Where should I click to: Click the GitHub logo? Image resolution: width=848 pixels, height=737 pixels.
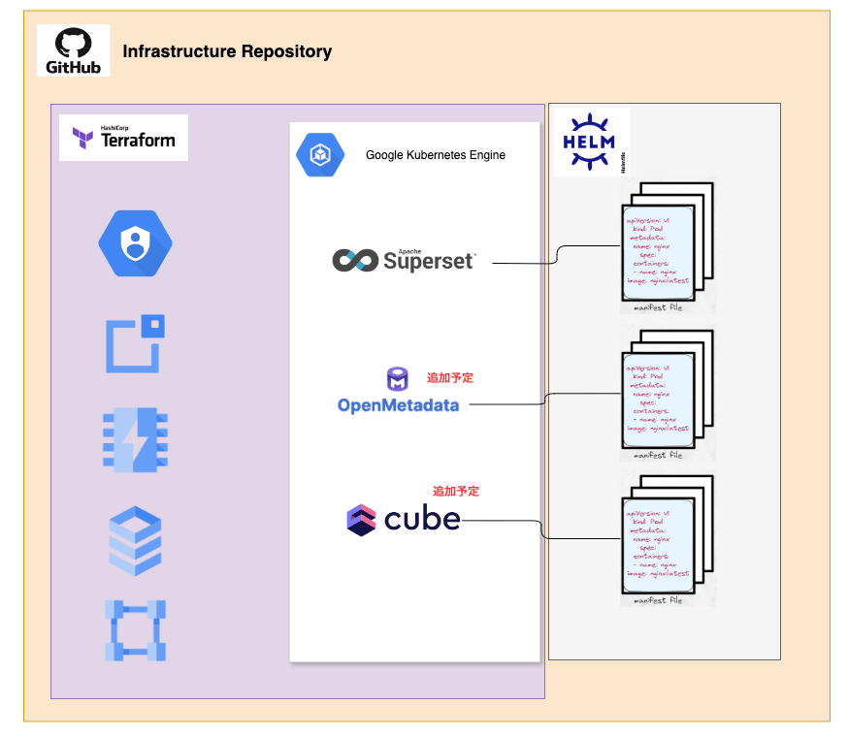coord(73,51)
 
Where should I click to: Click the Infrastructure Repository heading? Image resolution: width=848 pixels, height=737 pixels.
coord(227,52)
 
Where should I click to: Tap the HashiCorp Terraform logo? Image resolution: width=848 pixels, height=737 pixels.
coord(123,138)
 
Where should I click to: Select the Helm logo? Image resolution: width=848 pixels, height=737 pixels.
coord(590,142)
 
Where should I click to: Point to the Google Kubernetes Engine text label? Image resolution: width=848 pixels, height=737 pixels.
coord(435,155)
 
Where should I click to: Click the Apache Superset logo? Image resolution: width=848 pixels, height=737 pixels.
coord(404,259)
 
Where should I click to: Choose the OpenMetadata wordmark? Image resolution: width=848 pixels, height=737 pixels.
coord(398,404)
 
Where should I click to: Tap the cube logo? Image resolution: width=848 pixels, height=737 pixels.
coord(403,519)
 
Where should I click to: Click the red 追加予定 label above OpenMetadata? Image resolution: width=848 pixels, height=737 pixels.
coord(450,377)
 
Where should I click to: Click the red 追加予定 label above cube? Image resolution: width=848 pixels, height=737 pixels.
coord(456,492)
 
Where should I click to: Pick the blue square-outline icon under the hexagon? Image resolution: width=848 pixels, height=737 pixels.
coord(135,343)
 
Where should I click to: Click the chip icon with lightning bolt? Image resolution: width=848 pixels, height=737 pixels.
coord(135,440)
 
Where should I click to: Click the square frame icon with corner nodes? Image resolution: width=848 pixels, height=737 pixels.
coord(135,630)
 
